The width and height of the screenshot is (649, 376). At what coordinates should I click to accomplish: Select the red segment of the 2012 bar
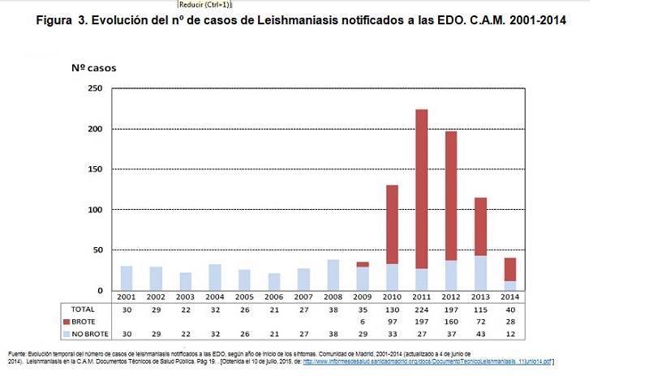pos(451,195)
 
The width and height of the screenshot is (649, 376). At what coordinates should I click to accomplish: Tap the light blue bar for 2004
pos(214,277)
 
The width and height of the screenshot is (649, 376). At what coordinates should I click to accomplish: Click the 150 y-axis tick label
pos(96,169)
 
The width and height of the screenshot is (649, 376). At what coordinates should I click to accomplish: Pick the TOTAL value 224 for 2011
pos(421,309)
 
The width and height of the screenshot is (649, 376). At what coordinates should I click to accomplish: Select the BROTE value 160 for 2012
pos(451,322)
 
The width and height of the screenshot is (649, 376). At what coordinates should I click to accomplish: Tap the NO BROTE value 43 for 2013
pos(480,334)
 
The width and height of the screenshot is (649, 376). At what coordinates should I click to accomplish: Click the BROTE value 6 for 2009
pos(362,322)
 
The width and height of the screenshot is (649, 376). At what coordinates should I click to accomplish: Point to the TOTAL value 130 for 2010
pos(392,309)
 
